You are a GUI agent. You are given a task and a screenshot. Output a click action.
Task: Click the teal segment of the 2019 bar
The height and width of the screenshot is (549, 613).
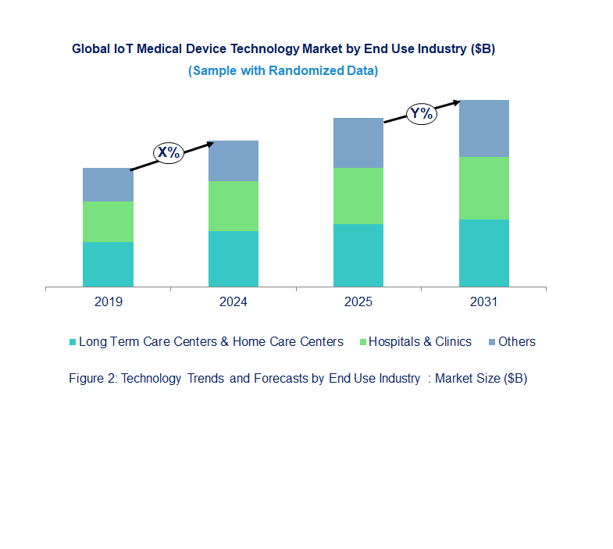coord(108,264)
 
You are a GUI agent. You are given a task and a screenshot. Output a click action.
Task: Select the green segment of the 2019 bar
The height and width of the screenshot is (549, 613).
coord(108,221)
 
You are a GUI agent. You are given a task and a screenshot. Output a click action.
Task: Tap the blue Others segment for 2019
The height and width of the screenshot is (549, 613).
coord(108,184)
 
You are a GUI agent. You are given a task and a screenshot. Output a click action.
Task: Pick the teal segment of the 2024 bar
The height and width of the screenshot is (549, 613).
coord(233,258)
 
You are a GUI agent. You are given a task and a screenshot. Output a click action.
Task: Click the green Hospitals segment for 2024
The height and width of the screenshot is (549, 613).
coord(233,205)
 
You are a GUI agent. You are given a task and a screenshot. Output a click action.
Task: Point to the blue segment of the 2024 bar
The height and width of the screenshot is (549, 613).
coord(233,161)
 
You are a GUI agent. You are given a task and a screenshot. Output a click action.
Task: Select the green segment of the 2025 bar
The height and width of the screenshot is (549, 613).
coord(358,196)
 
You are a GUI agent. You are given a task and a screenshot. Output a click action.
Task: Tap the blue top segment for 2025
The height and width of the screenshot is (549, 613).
coord(358,143)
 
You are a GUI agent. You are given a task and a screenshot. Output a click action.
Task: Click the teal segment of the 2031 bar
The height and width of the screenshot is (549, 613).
coord(483,253)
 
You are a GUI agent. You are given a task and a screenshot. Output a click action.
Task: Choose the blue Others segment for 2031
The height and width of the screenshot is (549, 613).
coord(483,128)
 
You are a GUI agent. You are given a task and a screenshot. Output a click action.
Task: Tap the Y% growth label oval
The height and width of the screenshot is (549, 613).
coord(421,113)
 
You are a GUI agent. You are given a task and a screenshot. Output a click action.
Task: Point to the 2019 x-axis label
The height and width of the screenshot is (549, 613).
coord(108,301)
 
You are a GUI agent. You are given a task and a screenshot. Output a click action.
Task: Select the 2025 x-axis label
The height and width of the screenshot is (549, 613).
coord(358,301)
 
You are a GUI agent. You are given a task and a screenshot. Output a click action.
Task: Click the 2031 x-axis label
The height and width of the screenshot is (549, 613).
coord(483,301)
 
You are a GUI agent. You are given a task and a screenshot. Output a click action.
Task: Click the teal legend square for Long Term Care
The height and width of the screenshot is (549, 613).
coord(73,342)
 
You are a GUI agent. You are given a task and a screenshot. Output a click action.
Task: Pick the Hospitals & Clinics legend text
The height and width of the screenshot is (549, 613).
coord(420,341)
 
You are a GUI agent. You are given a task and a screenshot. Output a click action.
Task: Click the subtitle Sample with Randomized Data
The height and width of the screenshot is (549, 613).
coord(283,70)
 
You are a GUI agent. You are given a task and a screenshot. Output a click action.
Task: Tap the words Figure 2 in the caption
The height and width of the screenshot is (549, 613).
coord(92,379)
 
